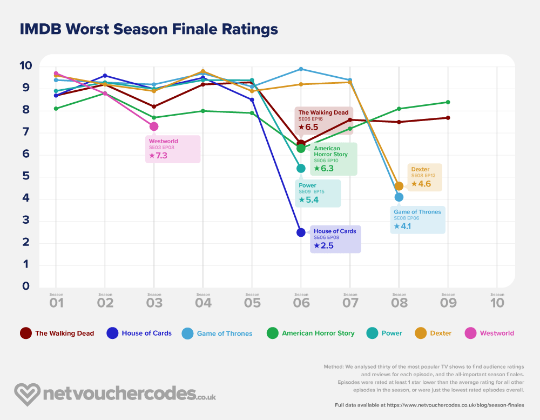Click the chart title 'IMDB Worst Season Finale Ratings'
[x=148, y=29]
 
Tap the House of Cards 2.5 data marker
[x=301, y=232]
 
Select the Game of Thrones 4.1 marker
[x=399, y=197]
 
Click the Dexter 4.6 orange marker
[x=399, y=186]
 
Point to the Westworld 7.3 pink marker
[x=154, y=126]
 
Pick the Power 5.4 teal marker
[x=301, y=169]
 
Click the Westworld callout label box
[x=173, y=149]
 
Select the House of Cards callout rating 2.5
[x=324, y=245]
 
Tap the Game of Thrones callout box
[x=418, y=219]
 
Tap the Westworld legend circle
[x=470, y=334]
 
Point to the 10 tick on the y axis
[x=26, y=66]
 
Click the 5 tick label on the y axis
[x=26, y=177]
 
